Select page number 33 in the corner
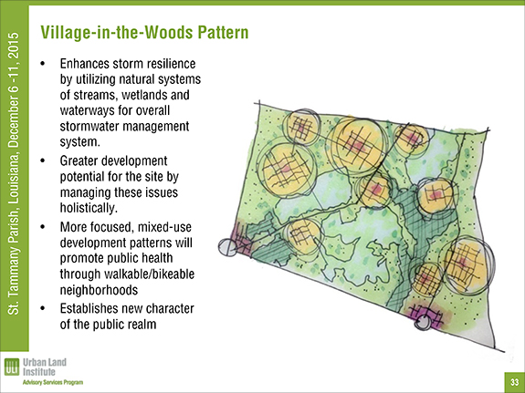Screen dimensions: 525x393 (515, 382)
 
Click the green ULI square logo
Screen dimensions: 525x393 (12, 367)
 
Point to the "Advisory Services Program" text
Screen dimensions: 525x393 (53, 382)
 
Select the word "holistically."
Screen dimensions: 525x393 (89, 208)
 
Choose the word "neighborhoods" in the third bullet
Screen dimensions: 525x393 (99, 290)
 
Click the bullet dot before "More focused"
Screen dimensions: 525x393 (42, 227)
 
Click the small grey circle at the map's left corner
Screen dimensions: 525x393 (227, 247)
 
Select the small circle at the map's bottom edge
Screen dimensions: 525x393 (422, 323)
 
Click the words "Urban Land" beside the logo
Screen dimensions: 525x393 (45, 363)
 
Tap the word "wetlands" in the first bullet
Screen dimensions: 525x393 (144, 95)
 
